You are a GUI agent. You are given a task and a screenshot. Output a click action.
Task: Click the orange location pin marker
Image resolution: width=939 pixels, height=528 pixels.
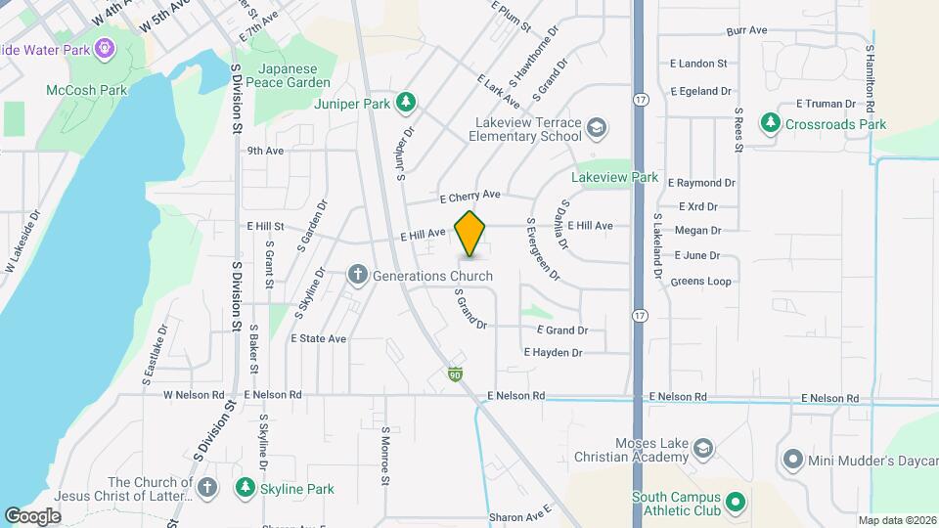pos(470,234)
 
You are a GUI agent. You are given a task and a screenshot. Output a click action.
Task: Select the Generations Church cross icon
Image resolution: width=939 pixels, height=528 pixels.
pos(359,276)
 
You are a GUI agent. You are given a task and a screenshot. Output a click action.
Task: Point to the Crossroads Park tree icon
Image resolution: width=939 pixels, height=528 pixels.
pos(772,124)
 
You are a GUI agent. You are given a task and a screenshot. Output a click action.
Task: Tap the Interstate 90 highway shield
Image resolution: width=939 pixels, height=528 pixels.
pos(456,374)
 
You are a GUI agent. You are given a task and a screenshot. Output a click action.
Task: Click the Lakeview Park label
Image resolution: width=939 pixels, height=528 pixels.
pos(614,178)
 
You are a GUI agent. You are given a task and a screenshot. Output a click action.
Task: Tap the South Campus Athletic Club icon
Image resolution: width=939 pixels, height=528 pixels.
pos(738,504)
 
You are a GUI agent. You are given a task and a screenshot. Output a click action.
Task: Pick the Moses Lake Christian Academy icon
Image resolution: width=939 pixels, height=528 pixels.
pos(702,449)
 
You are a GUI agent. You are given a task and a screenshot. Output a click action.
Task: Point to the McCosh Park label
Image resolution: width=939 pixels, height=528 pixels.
pos(86,90)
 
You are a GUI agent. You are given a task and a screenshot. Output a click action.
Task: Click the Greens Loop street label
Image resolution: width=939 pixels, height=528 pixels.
pos(700,282)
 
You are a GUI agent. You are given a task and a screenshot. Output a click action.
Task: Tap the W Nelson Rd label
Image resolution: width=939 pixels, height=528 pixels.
pos(190,395)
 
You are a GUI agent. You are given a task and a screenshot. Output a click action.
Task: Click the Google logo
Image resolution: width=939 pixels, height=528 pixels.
pos(32,515)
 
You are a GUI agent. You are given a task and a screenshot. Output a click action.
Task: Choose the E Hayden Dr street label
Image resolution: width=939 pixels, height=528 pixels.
pos(553,352)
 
